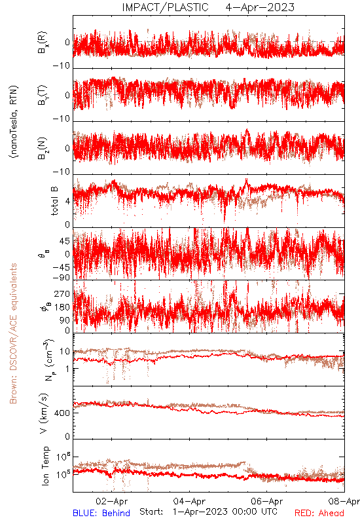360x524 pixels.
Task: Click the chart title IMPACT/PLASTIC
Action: (x=166, y=7)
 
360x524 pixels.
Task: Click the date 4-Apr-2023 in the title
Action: (x=260, y=7)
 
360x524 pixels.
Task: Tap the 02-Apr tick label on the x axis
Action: (x=111, y=501)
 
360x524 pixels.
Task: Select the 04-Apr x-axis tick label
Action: (x=189, y=501)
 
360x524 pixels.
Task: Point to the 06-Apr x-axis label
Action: (x=267, y=501)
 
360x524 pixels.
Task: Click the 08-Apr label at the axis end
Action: (x=344, y=501)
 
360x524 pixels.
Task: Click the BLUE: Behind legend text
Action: (x=101, y=513)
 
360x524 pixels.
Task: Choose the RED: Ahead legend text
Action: (x=319, y=513)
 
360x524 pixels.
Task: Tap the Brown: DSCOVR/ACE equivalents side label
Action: (x=13, y=333)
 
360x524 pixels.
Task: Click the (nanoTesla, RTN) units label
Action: (x=14, y=122)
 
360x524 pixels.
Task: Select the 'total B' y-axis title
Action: (x=54, y=201)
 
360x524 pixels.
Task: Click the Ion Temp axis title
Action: (x=45, y=466)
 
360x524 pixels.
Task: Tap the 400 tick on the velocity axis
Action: (x=63, y=413)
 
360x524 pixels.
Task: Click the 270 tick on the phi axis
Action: (x=63, y=293)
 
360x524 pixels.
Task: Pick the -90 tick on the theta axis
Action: (x=62, y=278)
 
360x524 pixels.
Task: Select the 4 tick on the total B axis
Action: (x=68, y=201)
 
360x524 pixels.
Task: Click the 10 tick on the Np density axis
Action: (x=65, y=352)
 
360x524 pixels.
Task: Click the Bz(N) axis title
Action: (x=43, y=148)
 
